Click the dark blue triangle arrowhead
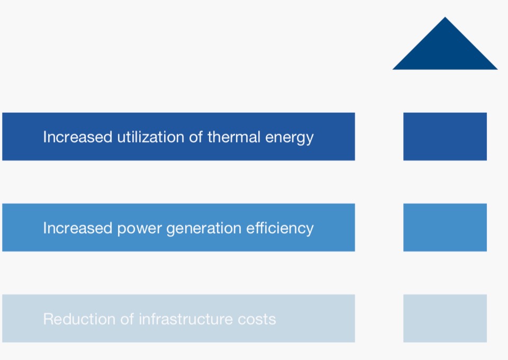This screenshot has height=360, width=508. (445, 50)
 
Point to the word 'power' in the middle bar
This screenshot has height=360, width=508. (139, 229)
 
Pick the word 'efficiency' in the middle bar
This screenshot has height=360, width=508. (280, 228)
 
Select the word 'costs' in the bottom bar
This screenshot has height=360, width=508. (258, 320)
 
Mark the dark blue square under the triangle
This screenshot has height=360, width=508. (445, 137)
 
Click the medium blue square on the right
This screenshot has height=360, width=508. (445, 228)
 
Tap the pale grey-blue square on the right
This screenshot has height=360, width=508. (445, 318)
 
